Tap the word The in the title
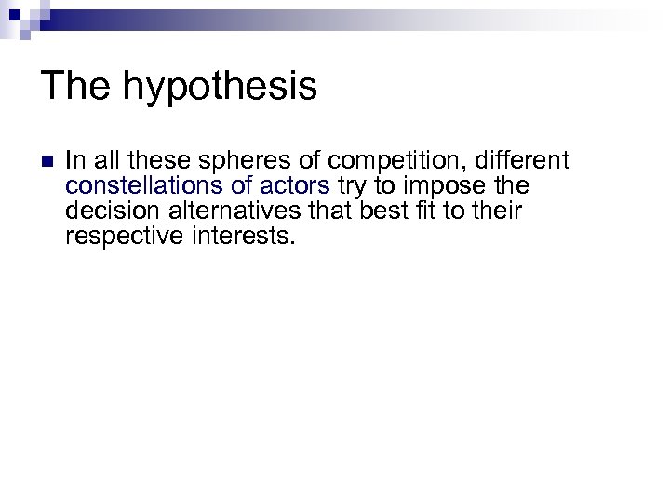[x=74, y=86]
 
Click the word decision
[x=104, y=211]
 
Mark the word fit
[x=424, y=211]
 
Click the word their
[x=497, y=211]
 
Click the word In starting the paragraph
[x=74, y=160]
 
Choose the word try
[x=352, y=187]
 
